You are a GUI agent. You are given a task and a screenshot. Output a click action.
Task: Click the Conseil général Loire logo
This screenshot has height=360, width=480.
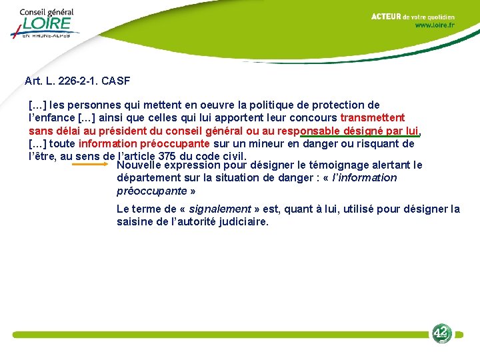click(x=45, y=24)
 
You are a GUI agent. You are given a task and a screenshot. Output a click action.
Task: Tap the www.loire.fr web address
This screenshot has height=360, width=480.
click(x=435, y=25)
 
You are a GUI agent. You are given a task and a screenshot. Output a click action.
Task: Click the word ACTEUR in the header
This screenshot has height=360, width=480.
click(x=386, y=17)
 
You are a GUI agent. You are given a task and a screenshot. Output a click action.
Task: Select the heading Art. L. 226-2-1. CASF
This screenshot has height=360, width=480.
click(x=77, y=81)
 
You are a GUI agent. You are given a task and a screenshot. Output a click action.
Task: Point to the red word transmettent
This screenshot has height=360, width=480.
click(x=372, y=118)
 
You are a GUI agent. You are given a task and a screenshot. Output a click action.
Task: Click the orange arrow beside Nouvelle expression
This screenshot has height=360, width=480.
click(x=93, y=163)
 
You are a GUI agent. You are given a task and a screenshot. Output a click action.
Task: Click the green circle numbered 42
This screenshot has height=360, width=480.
click(x=441, y=333)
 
